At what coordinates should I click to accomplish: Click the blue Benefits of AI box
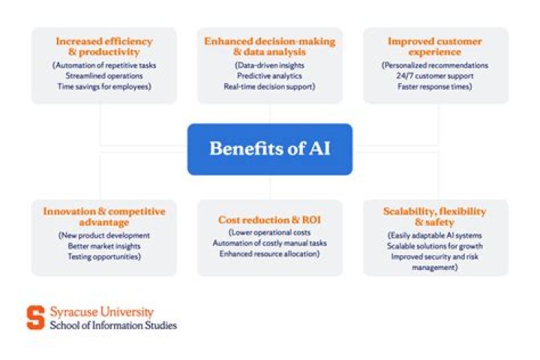[x=270, y=149]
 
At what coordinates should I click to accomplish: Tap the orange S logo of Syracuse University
[x=36, y=317]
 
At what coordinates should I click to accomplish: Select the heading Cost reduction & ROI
[x=269, y=220]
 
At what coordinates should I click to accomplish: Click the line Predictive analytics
[x=269, y=76]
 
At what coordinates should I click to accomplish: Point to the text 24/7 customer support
[x=434, y=76]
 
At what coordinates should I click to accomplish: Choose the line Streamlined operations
[x=104, y=76]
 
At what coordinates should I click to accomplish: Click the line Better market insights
[x=104, y=246]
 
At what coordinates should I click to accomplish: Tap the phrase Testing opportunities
[x=104, y=256]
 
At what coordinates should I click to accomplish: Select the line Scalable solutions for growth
[x=434, y=246]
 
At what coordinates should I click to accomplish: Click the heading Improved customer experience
[x=434, y=46]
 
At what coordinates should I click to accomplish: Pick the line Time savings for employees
[x=104, y=86]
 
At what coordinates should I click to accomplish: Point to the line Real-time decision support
[x=269, y=86]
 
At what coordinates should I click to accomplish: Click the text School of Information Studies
[x=113, y=325]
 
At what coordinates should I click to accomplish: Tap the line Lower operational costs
[x=269, y=232]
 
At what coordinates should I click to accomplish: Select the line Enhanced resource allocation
[x=269, y=254]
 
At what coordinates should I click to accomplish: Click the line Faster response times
[x=434, y=86]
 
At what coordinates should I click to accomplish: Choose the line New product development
[x=104, y=235]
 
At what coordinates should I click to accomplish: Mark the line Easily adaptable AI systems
[x=434, y=235]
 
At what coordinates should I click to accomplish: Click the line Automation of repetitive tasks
[x=104, y=65]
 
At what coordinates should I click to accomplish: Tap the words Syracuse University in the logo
[x=102, y=312]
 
